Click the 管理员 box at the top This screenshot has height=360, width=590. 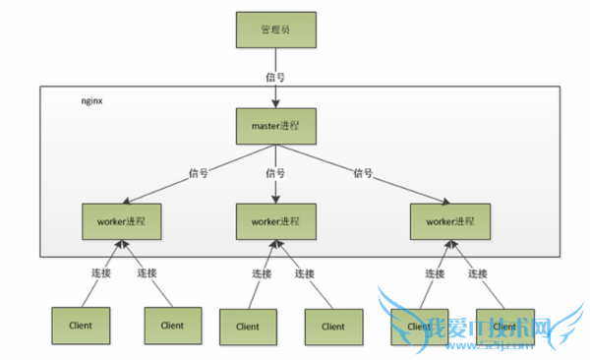pos(276,30)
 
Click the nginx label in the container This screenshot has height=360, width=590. pos(91,101)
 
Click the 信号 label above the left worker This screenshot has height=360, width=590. pos(200,173)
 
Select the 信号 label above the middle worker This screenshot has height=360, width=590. pos(276,173)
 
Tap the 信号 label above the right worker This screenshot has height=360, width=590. pos(364,173)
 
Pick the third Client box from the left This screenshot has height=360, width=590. pos(248,326)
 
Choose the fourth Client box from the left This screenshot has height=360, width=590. pos(333,326)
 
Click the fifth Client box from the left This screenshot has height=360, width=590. pos(419,325)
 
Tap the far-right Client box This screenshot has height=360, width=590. pos(504,325)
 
